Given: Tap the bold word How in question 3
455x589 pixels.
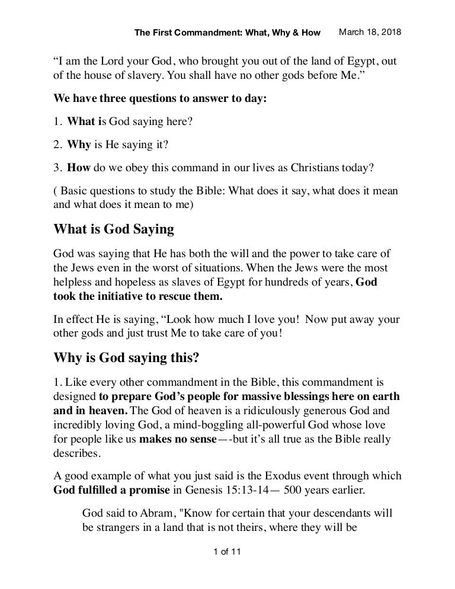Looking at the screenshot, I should coord(78,167).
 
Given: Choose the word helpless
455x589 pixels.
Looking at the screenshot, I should coord(74,282).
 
